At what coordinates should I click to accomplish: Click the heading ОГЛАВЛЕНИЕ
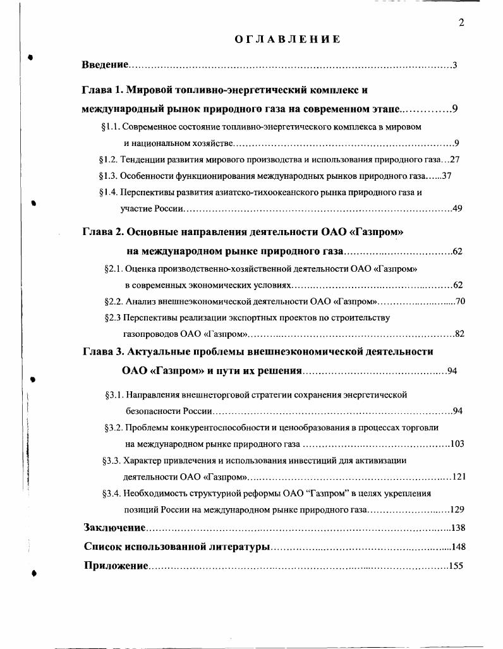coord(288,39)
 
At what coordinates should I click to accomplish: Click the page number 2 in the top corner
coord(461,23)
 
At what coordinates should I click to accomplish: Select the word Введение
coord(106,65)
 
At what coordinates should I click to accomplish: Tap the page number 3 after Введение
coord(455,65)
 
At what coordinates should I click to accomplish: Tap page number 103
coord(457,444)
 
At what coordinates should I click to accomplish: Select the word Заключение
coord(115,528)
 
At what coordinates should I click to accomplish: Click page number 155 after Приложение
coord(456,566)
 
